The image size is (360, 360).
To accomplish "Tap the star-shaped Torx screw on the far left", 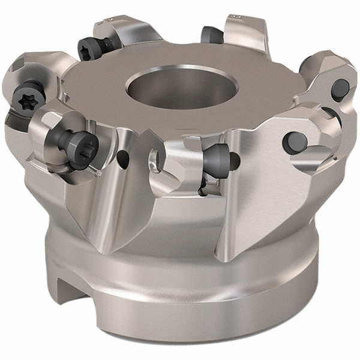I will tap(28, 100).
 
